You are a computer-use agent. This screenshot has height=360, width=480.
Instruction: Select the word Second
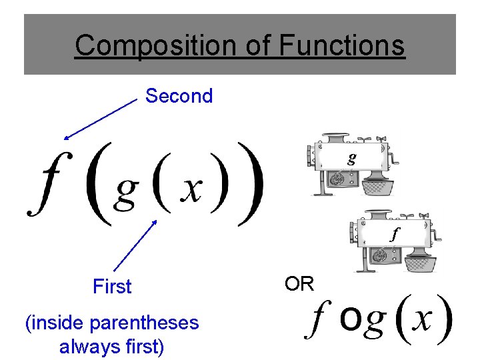pos(179,96)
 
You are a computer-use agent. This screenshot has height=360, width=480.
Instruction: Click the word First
pos(112,287)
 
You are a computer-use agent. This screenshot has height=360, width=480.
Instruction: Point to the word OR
pos(299,284)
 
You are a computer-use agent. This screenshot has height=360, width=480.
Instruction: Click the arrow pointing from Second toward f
pos(100,119)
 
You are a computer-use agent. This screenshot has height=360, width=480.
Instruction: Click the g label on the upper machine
pos(351,158)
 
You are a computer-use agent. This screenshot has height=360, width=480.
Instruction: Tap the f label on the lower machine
pos(394,234)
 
